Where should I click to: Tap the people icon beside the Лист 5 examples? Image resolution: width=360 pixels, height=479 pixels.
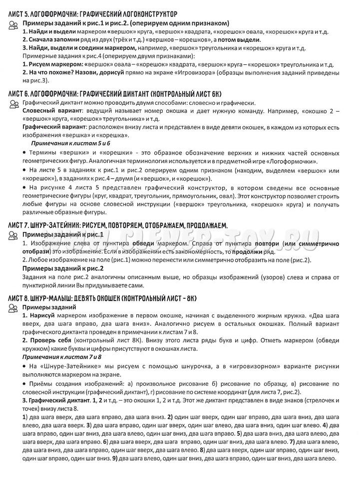coord(14,25)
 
